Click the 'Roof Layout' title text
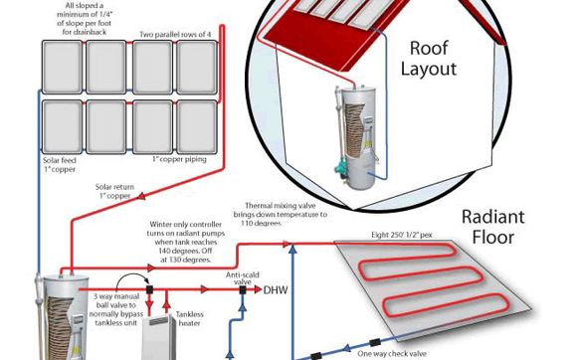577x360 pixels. pos(429,59)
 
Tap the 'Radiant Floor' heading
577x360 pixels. pos(493,227)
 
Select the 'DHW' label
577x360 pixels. pos(276,290)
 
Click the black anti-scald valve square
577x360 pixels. pos(243,290)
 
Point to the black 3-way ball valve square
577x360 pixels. pos(149,289)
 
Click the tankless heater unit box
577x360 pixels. pos(159,338)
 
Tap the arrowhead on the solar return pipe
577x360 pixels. pos(140,196)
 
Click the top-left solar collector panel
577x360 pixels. pos(62,67)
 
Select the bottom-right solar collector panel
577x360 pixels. pos(197,127)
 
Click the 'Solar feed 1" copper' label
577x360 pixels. pos(60,165)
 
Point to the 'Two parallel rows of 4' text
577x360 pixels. pos(175,35)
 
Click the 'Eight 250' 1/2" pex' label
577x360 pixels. pos(402,235)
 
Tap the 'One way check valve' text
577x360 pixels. pos(392,354)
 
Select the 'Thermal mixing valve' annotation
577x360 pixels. pos(280,215)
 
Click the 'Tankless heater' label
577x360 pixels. pos(189,319)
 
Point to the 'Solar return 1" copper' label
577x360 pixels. pos(114,191)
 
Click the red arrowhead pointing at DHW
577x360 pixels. pos(258,289)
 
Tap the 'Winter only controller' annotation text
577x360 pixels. pos(186,242)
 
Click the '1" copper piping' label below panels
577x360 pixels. pos(180,159)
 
